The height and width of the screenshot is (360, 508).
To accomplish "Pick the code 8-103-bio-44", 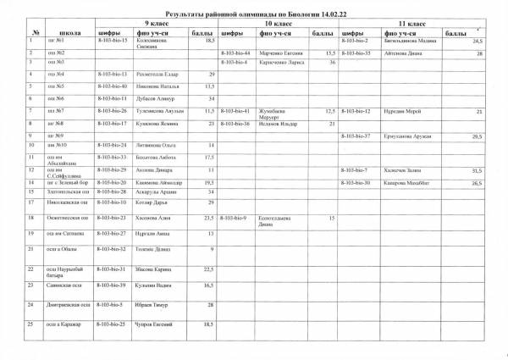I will click(236, 53).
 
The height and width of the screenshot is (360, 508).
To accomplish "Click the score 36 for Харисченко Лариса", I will click(333, 63).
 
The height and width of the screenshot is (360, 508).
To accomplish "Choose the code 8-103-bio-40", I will click(113, 86).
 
